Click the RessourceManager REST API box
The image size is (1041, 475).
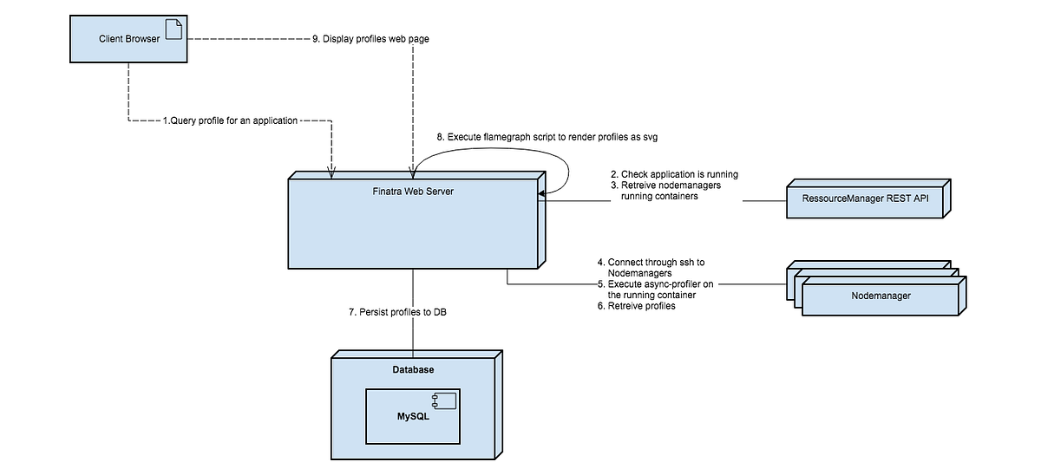pyautogui.click(x=864, y=199)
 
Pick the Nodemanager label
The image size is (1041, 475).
pyautogui.click(x=880, y=296)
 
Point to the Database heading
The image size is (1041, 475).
pyautogui.click(x=412, y=370)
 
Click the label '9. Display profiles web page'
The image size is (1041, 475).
pyautogui.click(x=370, y=39)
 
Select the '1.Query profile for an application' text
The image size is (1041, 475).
pyautogui.click(x=230, y=121)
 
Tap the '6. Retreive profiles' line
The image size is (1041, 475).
pyautogui.click(x=635, y=306)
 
